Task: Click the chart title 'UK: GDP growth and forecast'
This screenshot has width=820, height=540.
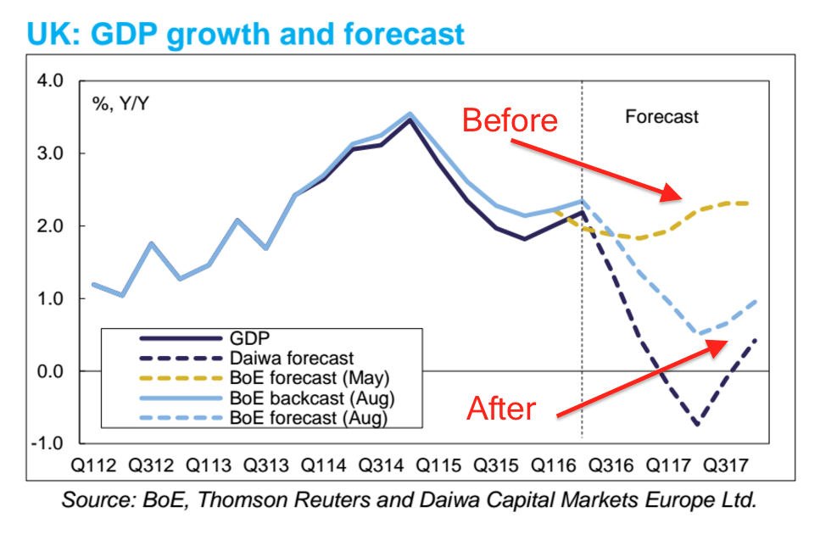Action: [246, 33]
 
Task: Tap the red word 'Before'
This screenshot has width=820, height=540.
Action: [510, 120]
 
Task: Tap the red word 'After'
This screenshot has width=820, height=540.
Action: [502, 409]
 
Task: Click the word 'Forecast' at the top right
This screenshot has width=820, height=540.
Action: [661, 117]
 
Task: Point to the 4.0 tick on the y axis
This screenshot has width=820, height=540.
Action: [49, 81]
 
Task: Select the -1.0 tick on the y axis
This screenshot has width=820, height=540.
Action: [46, 443]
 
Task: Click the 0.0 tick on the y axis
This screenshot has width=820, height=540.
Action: [49, 371]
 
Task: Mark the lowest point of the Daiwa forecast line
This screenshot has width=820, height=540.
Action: [696, 424]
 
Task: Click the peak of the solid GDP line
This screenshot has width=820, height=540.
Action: [410, 120]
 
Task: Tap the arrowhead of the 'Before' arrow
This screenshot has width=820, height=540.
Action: [678, 198]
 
